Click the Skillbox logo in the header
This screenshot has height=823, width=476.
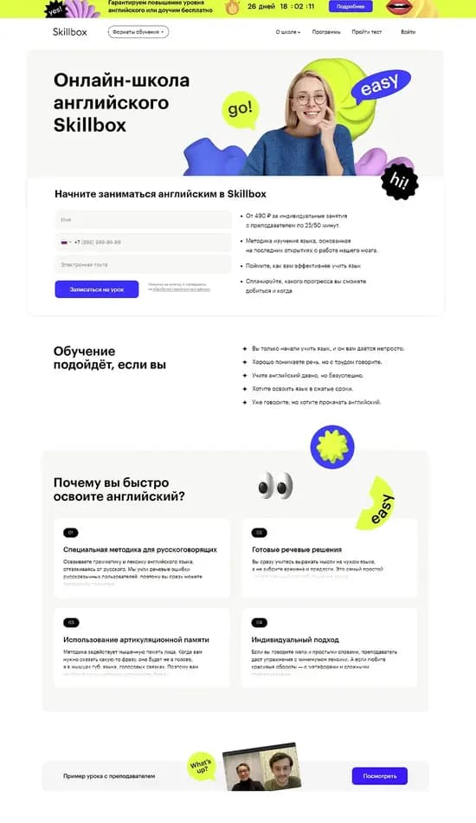(x=71, y=32)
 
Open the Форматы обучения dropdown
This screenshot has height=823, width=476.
(x=138, y=32)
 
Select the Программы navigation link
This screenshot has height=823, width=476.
(x=326, y=32)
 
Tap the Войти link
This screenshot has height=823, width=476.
(x=408, y=32)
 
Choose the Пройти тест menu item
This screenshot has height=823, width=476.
(x=367, y=32)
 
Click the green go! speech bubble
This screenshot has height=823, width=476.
(x=239, y=109)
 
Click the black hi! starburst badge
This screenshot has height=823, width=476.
(x=400, y=181)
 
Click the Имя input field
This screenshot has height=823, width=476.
(x=143, y=220)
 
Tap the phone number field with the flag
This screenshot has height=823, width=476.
(x=143, y=243)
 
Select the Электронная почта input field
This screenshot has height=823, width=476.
(x=143, y=264)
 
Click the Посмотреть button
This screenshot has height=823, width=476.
(x=379, y=776)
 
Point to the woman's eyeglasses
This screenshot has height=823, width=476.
(x=309, y=98)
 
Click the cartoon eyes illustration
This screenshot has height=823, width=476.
(x=275, y=485)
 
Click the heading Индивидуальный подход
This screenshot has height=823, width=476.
(x=295, y=639)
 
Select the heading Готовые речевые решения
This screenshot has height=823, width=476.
(x=297, y=549)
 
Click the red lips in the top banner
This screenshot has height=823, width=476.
(x=399, y=8)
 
